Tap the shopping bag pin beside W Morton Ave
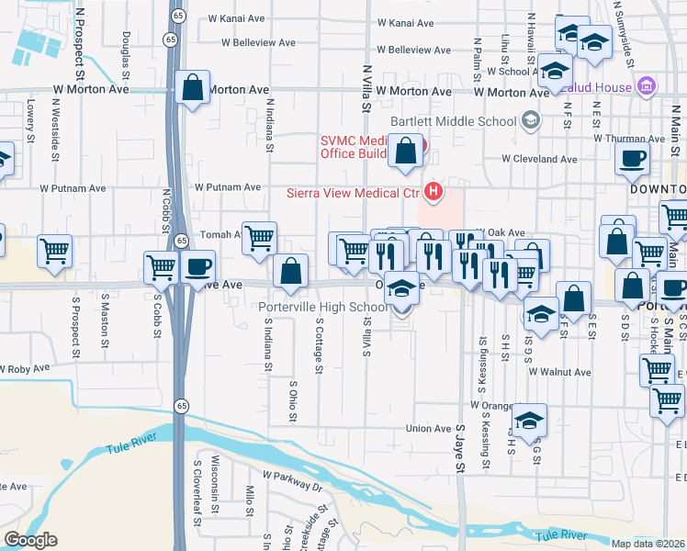(193, 89)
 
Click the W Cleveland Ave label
(539, 159)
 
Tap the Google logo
(30, 540)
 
